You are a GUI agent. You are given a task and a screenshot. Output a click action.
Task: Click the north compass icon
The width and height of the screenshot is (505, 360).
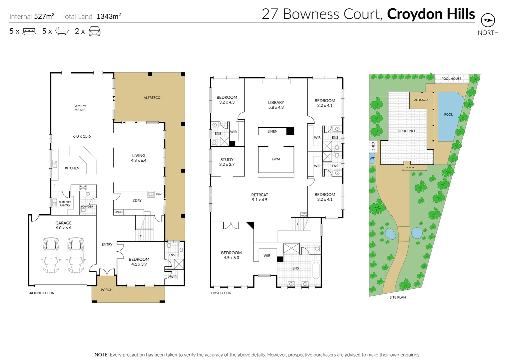[x=488, y=21]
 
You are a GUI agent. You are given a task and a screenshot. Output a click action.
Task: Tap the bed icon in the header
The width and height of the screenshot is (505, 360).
[x=29, y=32]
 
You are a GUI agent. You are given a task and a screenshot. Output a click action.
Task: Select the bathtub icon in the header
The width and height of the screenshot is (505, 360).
[x=62, y=31]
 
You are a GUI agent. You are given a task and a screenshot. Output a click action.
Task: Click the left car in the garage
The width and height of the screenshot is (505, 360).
[x=51, y=255]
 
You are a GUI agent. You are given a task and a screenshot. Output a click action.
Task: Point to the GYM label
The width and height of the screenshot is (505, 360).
[x=276, y=159]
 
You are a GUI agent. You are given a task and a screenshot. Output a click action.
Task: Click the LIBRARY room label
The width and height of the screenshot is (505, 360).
[x=276, y=102]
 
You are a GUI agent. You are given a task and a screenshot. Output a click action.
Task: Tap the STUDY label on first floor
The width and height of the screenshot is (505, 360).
[x=227, y=160]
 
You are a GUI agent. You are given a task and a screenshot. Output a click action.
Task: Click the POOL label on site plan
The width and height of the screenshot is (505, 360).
[x=448, y=114]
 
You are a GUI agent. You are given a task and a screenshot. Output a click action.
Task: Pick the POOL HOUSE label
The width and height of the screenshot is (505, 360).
[x=451, y=79]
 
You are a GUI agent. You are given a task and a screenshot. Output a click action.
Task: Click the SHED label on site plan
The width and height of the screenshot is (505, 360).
[x=373, y=146]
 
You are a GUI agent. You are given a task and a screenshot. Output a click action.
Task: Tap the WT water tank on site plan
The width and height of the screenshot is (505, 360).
[x=372, y=159]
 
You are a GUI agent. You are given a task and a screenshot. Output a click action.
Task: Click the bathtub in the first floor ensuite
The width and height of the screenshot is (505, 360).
[x=315, y=270]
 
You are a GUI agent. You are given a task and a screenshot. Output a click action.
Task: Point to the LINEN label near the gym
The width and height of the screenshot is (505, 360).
[x=273, y=131]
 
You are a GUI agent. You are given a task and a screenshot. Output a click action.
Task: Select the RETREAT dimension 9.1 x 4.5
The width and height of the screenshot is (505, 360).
[x=260, y=200]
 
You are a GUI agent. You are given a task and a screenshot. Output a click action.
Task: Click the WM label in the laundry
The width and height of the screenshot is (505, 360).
[x=159, y=194]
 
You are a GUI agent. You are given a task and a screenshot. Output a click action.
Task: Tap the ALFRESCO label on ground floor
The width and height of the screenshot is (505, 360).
[x=152, y=98]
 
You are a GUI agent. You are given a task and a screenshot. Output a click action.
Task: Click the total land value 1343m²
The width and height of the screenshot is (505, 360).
[x=108, y=16]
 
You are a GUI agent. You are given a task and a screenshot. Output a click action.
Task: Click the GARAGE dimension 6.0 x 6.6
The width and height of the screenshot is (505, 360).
[x=63, y=228]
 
